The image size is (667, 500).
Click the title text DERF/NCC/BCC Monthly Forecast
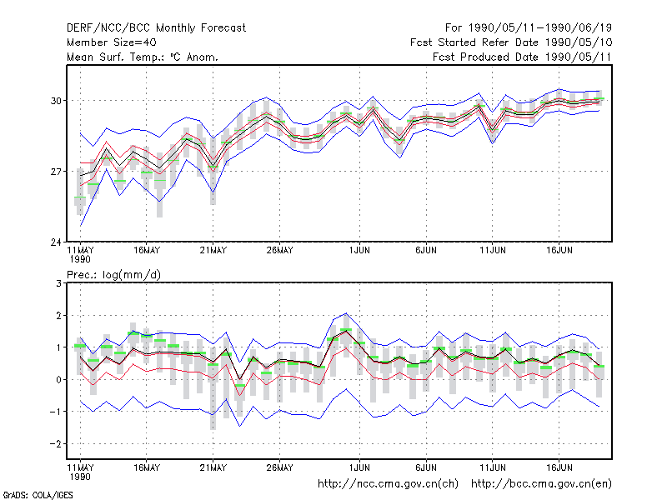click(156, 28)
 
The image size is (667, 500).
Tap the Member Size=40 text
click(112, 42)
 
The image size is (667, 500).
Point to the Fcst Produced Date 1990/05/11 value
click(523, 57)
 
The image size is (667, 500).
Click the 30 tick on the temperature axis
click(56, 101)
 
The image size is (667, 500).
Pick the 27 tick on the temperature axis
click(56, 172)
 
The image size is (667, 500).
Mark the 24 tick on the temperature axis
click(56, 242)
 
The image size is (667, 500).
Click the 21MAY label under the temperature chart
click(213, 251)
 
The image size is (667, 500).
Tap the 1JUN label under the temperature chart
click(359, 251)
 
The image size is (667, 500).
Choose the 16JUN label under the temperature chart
click(559, 251)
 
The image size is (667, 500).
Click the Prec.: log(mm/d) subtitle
click(113, 275)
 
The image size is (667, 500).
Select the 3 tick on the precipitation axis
click(58, 283)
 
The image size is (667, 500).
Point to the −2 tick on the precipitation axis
click(55, 444)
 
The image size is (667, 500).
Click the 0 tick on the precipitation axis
click(58, 380)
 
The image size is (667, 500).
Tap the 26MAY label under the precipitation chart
click(279, 467)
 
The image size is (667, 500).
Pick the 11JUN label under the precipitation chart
click(493, 467)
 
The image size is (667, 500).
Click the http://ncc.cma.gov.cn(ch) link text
click(388, 484)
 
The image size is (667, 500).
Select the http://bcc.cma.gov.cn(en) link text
click(541, 484)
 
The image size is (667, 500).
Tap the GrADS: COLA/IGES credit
click(38, 495)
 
